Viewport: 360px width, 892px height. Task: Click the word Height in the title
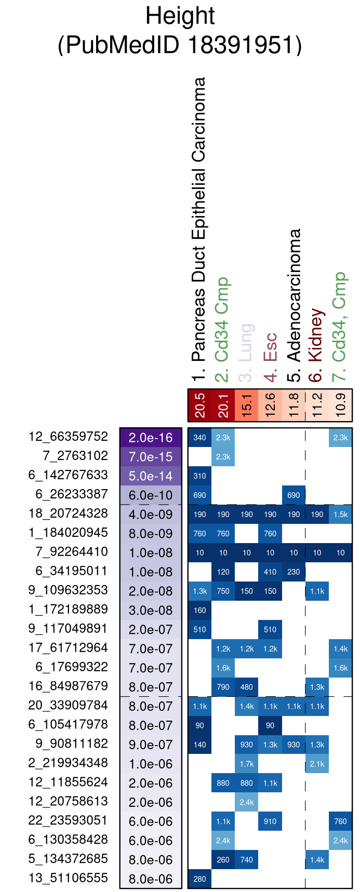180,16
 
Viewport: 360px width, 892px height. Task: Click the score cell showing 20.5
199,405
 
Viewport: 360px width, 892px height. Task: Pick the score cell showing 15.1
247,405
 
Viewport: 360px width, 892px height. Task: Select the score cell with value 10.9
340,405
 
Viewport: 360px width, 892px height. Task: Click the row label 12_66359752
68,437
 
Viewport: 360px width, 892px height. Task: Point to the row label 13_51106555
68,879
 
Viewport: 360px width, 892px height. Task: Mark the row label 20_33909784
68,706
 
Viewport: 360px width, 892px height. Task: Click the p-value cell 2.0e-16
151,438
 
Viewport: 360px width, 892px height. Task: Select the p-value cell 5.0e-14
151,476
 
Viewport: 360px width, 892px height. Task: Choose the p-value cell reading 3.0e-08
151,611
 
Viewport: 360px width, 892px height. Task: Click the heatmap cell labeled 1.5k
340,515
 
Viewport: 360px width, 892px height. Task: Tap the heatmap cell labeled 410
270,572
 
